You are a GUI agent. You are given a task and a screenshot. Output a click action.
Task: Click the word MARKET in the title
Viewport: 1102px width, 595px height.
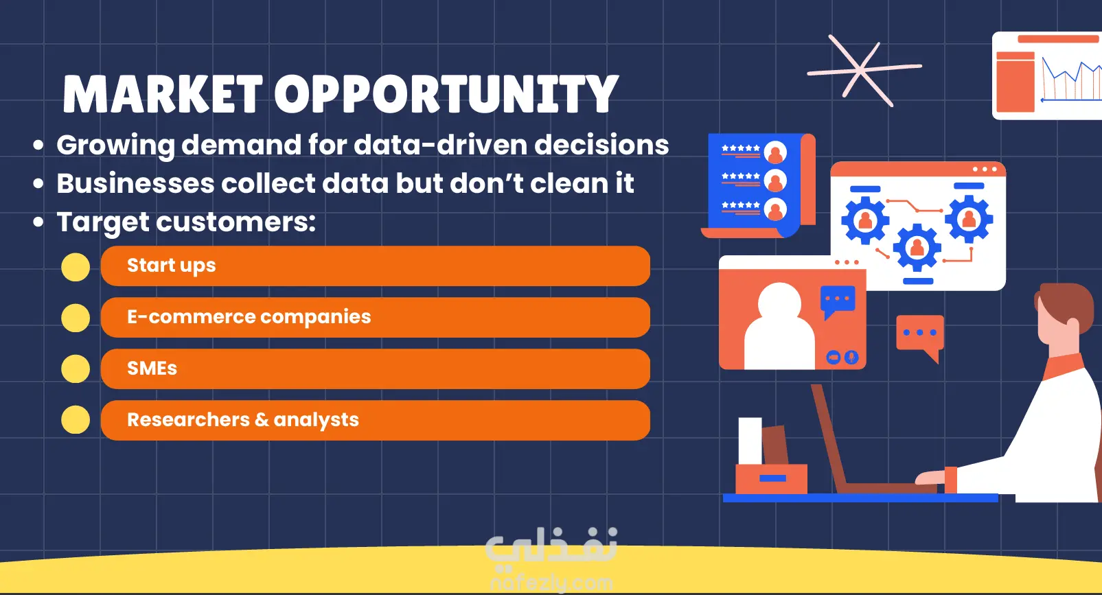[162, 94]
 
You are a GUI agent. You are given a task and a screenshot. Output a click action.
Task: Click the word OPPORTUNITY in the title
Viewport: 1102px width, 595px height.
[446, 94]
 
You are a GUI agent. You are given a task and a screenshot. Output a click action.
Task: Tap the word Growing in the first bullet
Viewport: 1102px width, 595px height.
[115, 146]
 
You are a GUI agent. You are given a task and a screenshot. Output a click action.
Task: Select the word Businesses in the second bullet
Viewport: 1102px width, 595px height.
[135, 183]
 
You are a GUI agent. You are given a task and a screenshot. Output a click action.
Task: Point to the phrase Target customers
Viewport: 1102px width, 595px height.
[186, 222]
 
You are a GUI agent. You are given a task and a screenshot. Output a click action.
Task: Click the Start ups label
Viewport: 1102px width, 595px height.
[171, 266]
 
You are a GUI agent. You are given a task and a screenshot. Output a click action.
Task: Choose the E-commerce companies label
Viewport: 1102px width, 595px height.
[249, 317]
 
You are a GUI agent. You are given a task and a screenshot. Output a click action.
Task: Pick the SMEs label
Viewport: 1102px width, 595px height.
[152, 369]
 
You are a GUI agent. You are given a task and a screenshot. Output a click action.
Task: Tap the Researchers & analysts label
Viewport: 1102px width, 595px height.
[243, 421]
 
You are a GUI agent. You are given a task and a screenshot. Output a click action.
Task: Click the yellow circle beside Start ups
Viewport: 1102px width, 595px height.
[76, 267]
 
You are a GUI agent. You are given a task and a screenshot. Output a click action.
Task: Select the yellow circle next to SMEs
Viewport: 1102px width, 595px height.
[76, 369]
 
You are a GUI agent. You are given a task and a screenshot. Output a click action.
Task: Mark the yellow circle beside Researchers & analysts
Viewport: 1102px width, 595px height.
[76, 419]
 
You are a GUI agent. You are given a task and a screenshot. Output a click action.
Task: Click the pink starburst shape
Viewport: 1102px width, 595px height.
[864, 70]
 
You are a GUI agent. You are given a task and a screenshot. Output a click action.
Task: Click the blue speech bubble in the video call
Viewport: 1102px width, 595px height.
[838, 301]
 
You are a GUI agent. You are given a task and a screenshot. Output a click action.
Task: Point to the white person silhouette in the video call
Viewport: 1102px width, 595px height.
[779, 327]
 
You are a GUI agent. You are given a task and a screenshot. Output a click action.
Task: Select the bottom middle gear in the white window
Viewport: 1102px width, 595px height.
[917, 247]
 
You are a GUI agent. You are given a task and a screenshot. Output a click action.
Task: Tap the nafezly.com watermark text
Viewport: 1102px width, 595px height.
[551, 583]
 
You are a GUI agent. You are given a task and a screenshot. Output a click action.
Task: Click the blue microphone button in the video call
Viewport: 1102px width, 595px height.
[851, 358]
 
